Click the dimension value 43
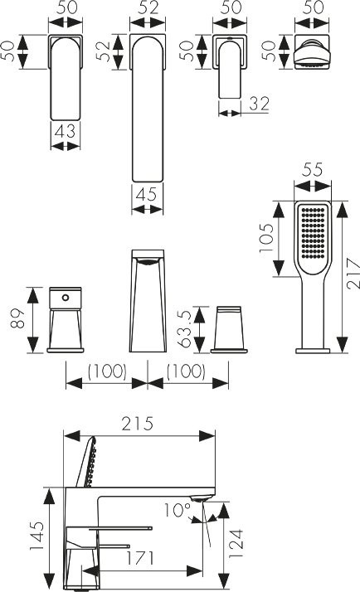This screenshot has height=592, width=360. click(66, 132)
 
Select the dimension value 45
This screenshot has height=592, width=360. click(147, 195)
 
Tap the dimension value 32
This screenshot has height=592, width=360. click(260, 104)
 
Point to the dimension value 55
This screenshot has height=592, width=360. click(313, 170)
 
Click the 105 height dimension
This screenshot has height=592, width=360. click(267, 239)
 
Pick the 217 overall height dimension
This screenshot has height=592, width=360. click(353, 274)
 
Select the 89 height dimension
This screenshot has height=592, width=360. click(17, 318)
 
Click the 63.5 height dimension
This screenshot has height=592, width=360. click(185, 327)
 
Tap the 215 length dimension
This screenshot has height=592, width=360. click(138, 424)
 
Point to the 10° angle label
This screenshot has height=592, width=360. click(177, 510)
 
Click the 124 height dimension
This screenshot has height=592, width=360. click(236, 545)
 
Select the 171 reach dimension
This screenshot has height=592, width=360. click(140, 558)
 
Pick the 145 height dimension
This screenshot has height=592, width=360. click(37, 536)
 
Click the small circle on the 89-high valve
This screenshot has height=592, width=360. click(66, 298)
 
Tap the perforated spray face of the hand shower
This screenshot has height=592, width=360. click(313, 231)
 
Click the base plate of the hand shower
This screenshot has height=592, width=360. click(313, 351)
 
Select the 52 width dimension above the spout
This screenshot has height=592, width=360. click(148, 7)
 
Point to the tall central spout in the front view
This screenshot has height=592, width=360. click(148, 301)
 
